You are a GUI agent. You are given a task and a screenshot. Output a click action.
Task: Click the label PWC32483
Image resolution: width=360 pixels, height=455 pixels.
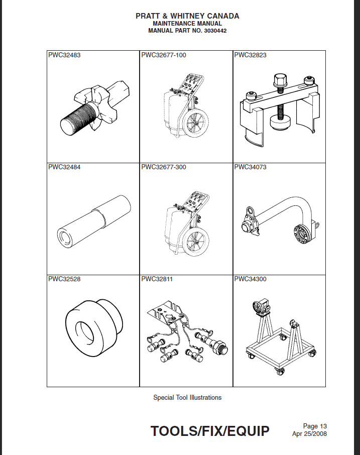click(64, 55)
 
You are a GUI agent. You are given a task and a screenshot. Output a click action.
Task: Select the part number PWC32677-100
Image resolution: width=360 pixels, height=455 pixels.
click(163, 55)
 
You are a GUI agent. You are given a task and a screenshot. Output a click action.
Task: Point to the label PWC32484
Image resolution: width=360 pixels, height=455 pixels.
click(64, 167)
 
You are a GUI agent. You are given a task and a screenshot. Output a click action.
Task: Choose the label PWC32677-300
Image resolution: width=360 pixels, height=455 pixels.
click(163, 167)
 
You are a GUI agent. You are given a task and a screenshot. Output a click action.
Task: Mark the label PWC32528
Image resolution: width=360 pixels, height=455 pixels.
click(64, 279)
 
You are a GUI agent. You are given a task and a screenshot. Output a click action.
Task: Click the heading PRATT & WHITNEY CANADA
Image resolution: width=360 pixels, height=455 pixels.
click(187, 16)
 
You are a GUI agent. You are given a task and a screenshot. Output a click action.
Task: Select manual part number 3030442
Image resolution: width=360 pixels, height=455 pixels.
click(187, 31)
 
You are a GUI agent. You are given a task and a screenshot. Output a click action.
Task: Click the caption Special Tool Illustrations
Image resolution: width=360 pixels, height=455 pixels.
click(187, 397)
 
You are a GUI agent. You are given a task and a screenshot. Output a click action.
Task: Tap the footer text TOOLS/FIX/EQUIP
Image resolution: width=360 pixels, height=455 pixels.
click(210, 431)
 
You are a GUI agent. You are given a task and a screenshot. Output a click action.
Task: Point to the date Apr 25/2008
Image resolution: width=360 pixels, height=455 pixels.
click(309, 434)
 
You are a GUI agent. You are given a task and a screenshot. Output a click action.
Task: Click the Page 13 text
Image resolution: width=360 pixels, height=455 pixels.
click(315, 426)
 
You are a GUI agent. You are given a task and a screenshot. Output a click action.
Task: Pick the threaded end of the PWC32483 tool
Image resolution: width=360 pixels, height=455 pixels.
click(75, 119)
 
